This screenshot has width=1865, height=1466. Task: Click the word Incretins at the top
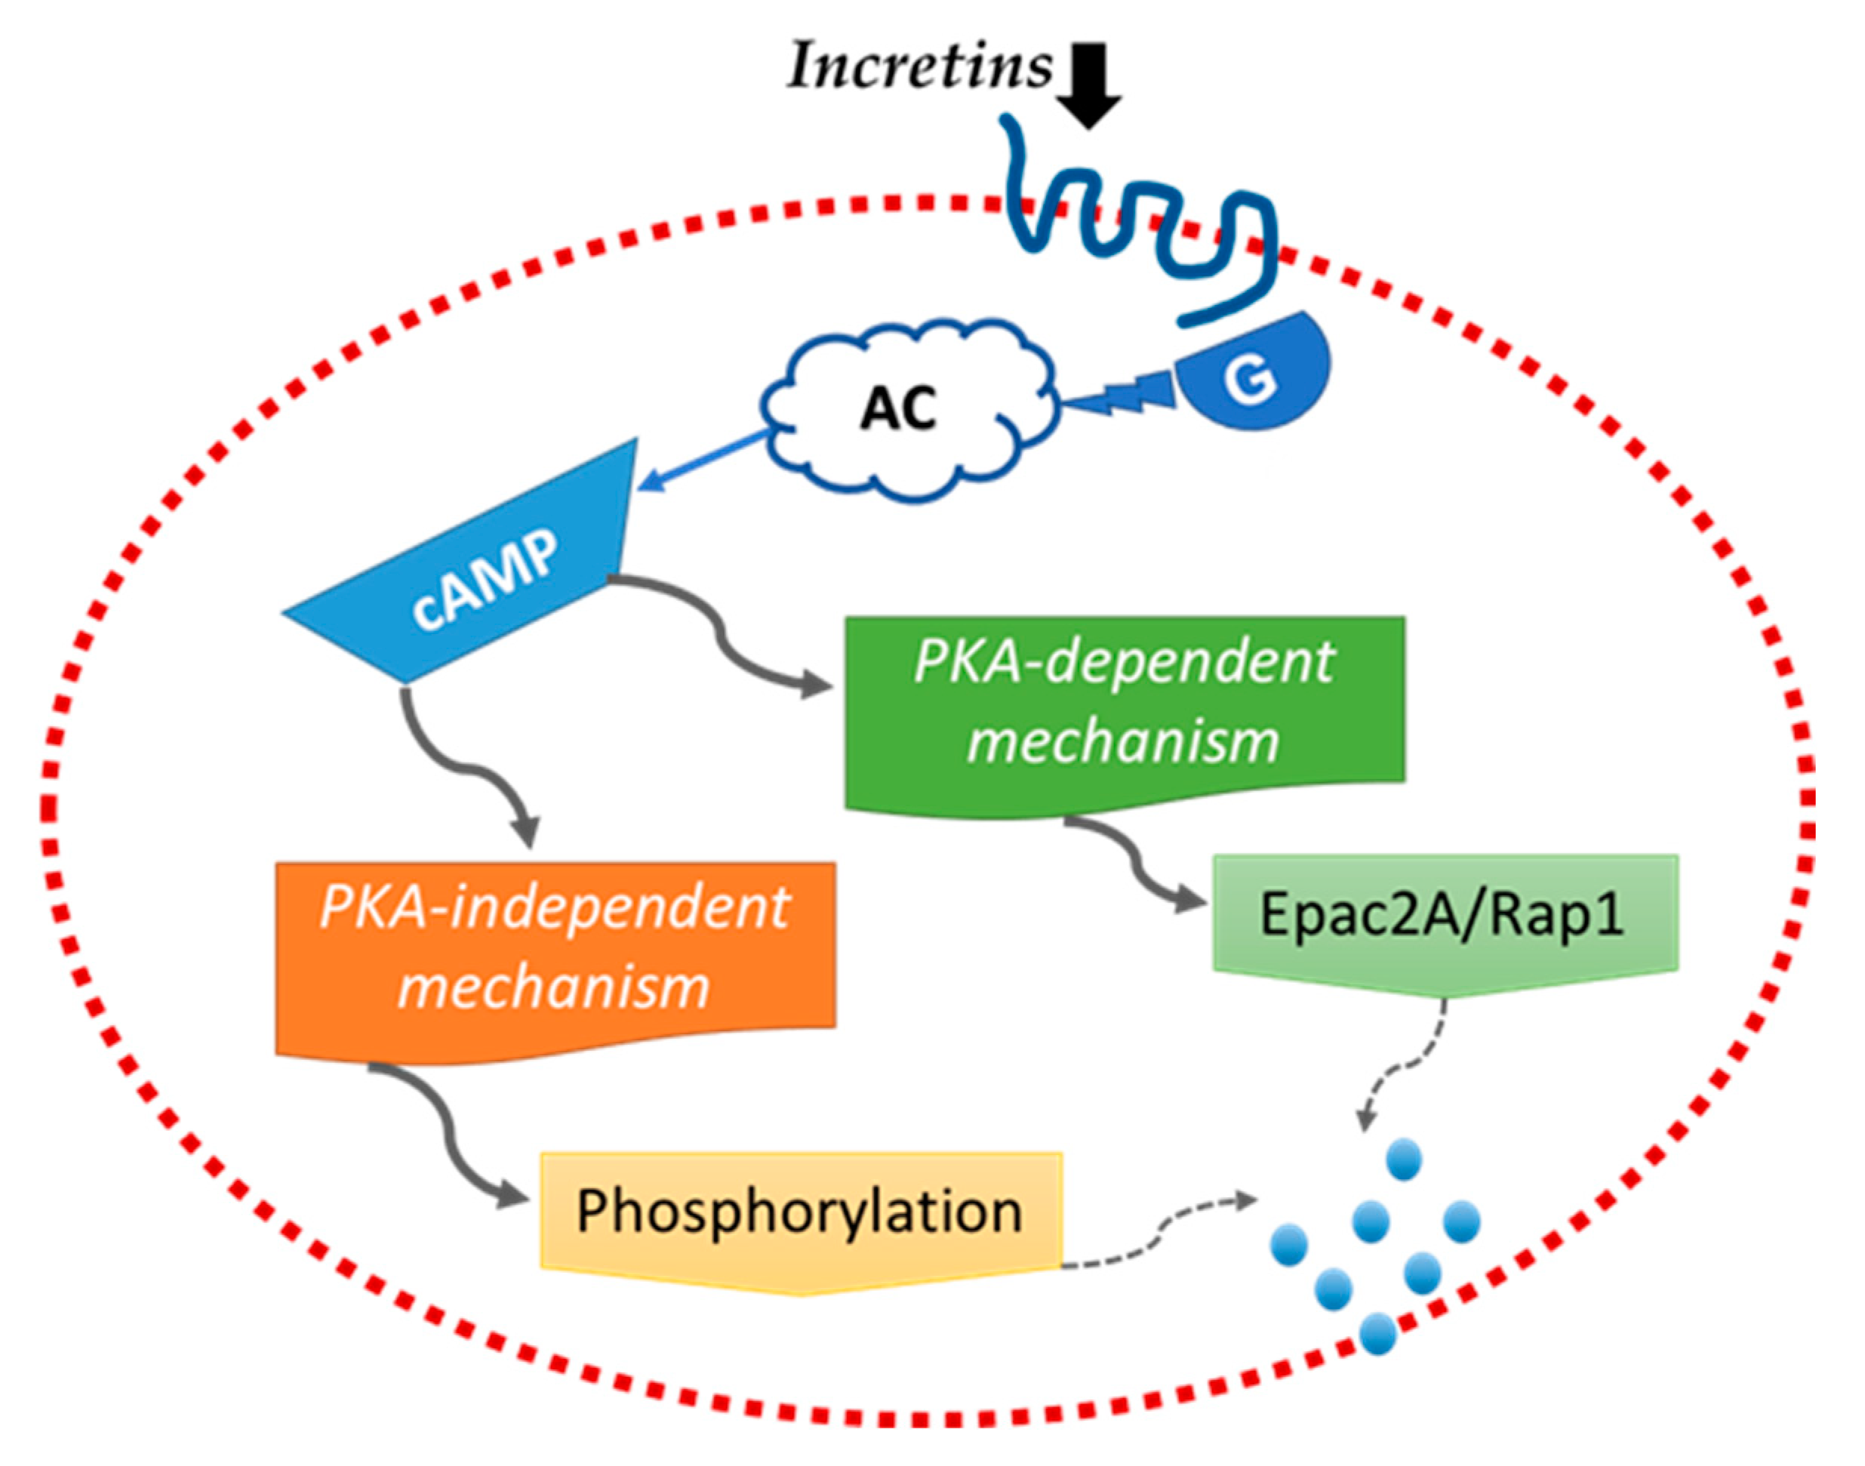pos(919,67)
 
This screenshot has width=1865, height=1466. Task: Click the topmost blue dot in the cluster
pos(1404,1159)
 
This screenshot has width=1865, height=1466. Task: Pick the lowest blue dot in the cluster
pos(1378,1333)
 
